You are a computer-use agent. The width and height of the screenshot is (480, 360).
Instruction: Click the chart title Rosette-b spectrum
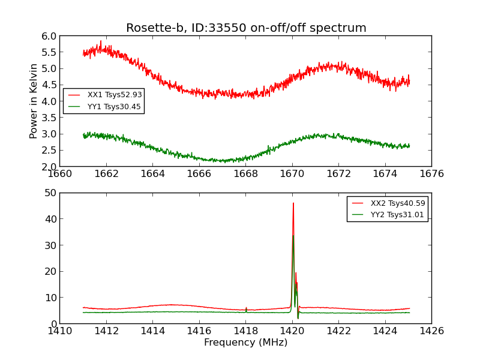point(246,28)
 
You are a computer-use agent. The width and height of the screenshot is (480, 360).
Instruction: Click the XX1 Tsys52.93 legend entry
point(115,95)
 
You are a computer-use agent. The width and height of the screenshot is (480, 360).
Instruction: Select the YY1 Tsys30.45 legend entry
point(115,107)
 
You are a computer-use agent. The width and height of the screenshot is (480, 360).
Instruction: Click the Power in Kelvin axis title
point(34,101)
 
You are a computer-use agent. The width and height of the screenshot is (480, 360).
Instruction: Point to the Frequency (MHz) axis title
point(246,343)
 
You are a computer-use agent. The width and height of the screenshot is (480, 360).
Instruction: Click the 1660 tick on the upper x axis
point(60,174)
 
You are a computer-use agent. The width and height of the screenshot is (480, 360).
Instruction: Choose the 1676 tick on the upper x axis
point(431,174)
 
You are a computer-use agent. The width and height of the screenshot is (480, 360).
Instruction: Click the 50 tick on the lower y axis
point(50,193)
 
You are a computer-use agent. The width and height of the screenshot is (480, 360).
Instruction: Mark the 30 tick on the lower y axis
point(50,245)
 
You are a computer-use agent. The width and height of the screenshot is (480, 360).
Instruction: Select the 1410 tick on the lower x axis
point(60,331)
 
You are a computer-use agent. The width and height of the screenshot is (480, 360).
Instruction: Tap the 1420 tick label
point(292,331)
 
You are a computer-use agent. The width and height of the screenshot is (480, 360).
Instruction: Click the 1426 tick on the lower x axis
point(431,331)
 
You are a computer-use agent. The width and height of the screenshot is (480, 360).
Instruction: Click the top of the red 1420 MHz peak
point(293,203)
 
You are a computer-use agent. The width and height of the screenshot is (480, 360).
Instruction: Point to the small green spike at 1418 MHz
point(246,308)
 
